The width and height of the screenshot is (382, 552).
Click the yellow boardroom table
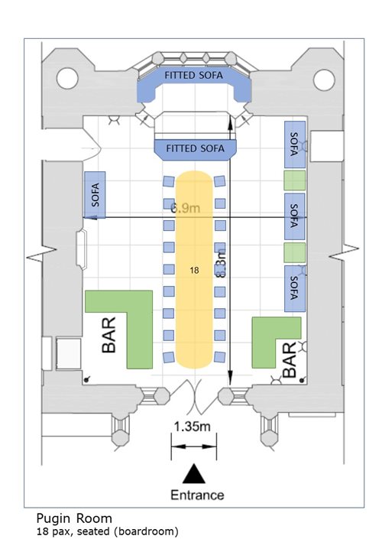pyautogui.click(x=195, y=270)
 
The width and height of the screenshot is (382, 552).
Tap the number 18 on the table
pyautogui.click(x=194, y=270)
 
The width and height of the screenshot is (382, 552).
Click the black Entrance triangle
pyautogui.click(x=194, y=473)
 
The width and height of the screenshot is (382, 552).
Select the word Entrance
pyautogui.click(x=197, y=495)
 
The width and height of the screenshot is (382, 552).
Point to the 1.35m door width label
pyautogui.click(x=193, y=427)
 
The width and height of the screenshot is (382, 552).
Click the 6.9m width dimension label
pyautogui.click(x=186, y=208)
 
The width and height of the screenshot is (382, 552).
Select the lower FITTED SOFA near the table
pyautogui.click(x=196, y=149)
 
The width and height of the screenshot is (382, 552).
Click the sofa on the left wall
pyautogui.click(x=95, y=195)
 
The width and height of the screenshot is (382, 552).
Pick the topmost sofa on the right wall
pyautogui.click(x=294, y=144)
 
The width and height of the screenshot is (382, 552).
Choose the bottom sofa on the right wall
pyautogui.click(x=294, y=288)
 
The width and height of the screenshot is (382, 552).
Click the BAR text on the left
pyautogui.click(x=109, y=335)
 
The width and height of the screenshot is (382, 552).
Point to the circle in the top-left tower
pyautogui.click(x=67, y=78)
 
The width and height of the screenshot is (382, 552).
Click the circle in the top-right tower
pyautogui.click(x=324, y=80)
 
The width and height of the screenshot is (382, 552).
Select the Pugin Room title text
pyautogui.click(x=74, y=518)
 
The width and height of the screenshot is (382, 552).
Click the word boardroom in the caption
pyautogui.click(x=146, y=531)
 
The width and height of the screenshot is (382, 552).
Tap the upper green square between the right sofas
pyautogui.click(x=294, y=180)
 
